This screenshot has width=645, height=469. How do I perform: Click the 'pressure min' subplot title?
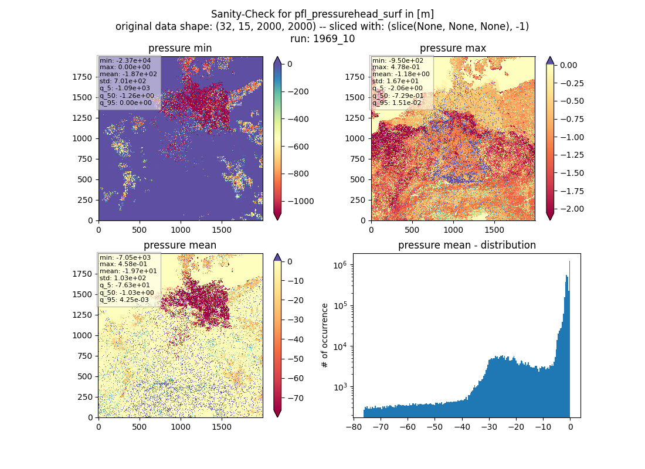click(x=180, y=49)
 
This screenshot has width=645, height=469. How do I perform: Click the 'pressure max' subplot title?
click(x=453, y=49)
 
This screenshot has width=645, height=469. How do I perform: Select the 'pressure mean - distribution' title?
click(x=467, y=245)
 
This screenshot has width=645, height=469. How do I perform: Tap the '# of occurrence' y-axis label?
click(x=325, y=336)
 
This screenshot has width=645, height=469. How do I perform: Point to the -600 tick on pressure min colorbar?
click(x=298, y=147)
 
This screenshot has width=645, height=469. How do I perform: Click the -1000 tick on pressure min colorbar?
click(x=301, y=201)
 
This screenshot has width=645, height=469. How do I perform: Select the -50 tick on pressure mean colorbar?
click(x=296, y=359)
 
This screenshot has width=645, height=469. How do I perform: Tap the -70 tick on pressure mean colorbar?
click(x=296, y=398)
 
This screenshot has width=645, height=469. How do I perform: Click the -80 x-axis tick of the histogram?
click(x=354, y=427)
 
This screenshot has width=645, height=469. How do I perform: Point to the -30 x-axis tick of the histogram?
click(x=489, y=427)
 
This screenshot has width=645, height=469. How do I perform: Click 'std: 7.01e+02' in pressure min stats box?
click(x=123, y=81)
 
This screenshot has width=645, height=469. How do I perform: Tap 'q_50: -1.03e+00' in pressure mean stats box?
click(x=127, y=293)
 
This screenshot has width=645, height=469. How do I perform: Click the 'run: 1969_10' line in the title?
click(x=322, y=39)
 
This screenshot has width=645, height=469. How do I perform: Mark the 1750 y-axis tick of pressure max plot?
click(x=355, y=77)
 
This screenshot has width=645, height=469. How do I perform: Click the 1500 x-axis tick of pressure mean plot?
click(x=222, y=427)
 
